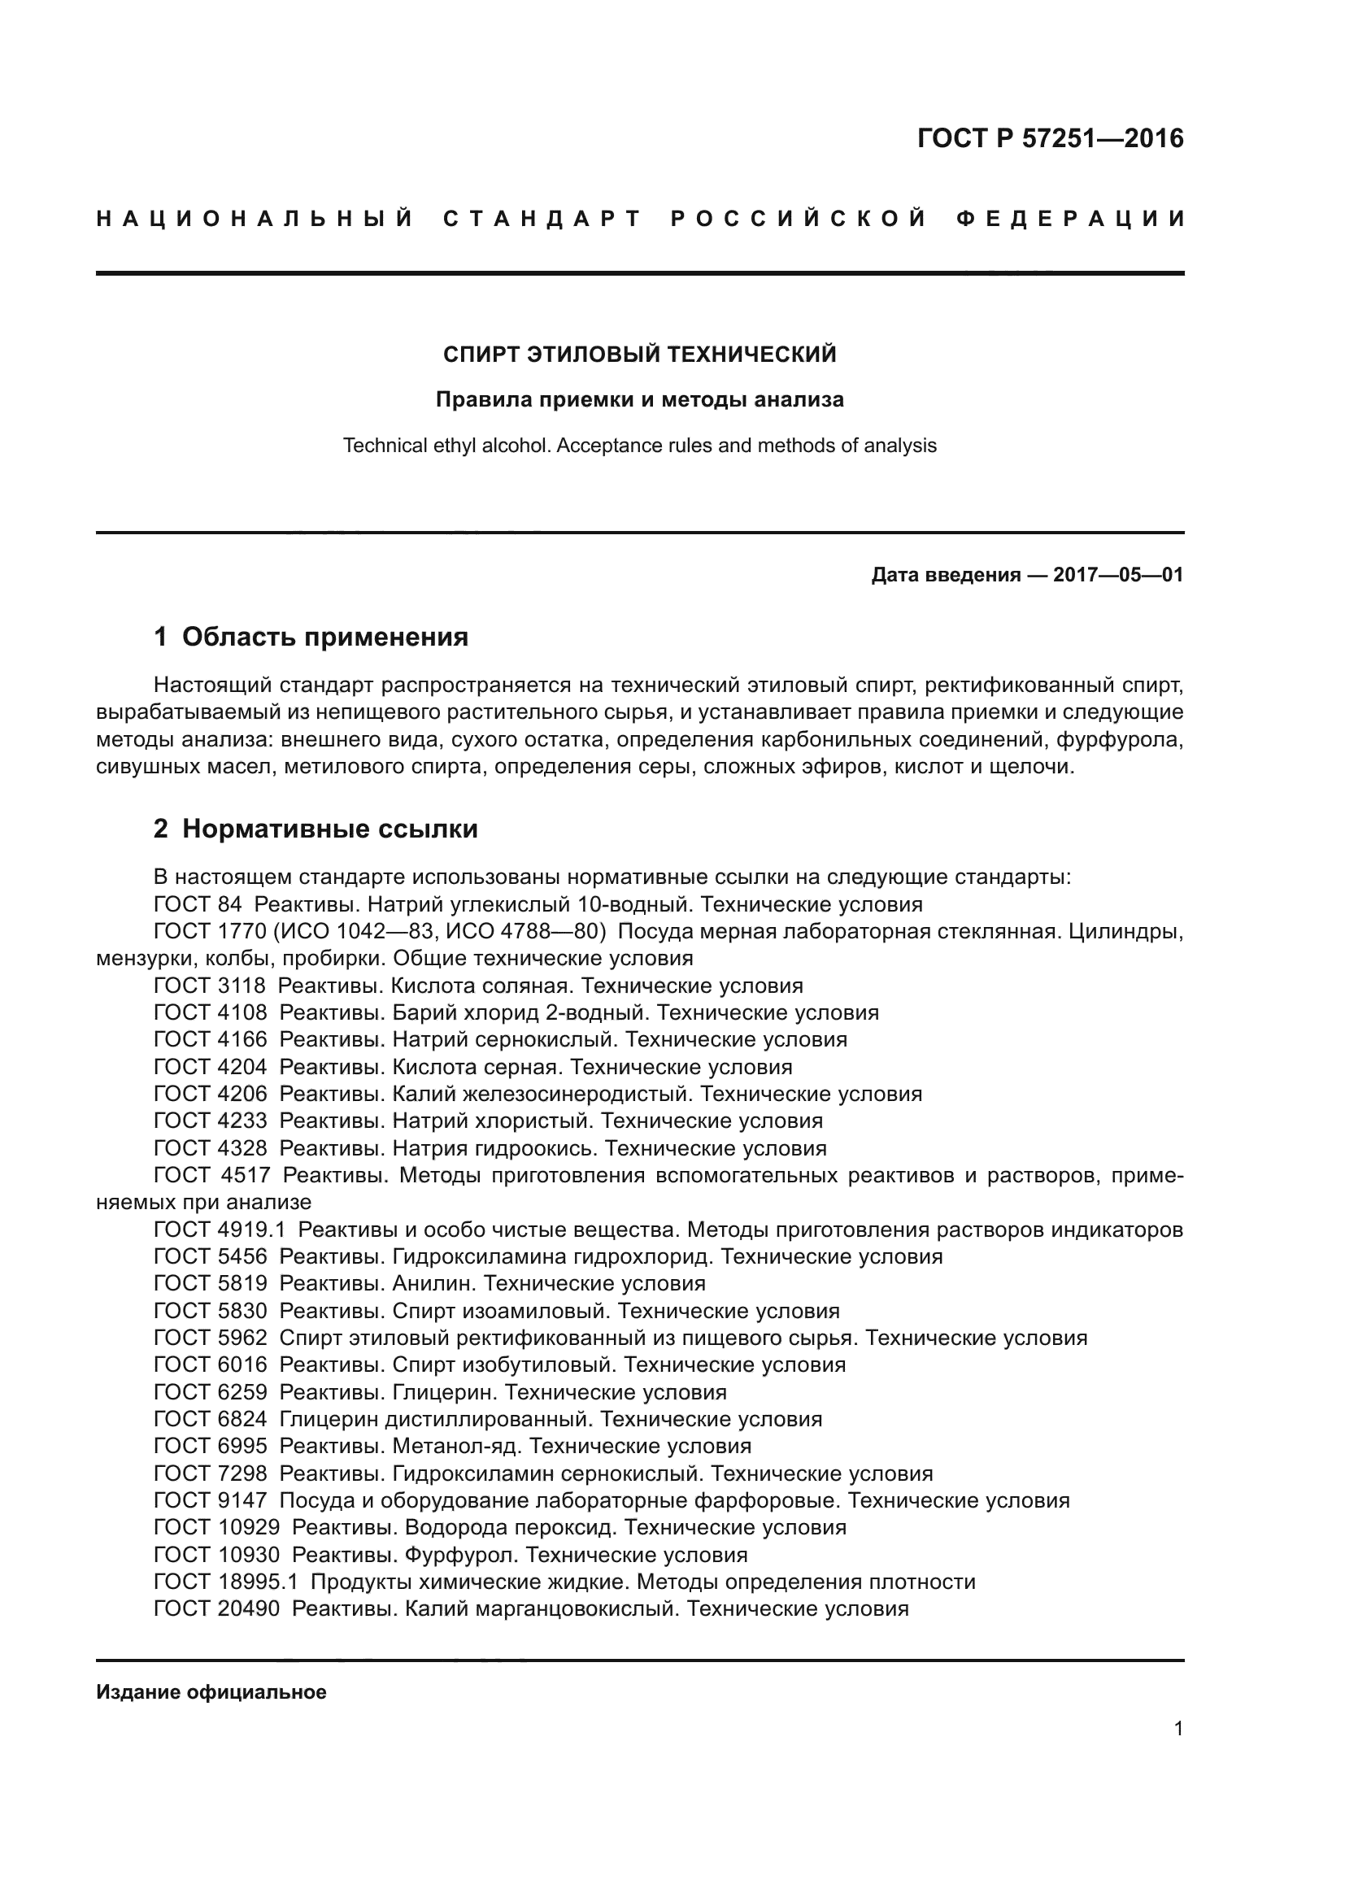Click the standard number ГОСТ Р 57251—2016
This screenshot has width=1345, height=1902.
coord(1050,138)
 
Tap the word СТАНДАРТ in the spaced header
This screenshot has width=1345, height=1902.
coord(542,220)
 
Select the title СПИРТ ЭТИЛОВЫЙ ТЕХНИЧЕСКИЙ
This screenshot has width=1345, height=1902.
coord(639,355)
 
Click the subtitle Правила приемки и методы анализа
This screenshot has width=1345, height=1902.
coord(639,400)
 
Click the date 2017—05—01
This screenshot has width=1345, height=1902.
coord(1118,575)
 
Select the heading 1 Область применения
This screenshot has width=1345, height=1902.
coord(311,637)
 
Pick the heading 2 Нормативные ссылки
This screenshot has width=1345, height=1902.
coord(316,829)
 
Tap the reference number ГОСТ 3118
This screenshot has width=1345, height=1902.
coord(210,986)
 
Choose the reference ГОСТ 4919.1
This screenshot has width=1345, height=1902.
coord(220,1230)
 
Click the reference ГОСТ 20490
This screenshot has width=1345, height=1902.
coord(217,1608)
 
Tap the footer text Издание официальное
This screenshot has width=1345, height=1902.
coord(211,1692)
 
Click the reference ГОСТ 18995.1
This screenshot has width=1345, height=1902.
coord(225,1582)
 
